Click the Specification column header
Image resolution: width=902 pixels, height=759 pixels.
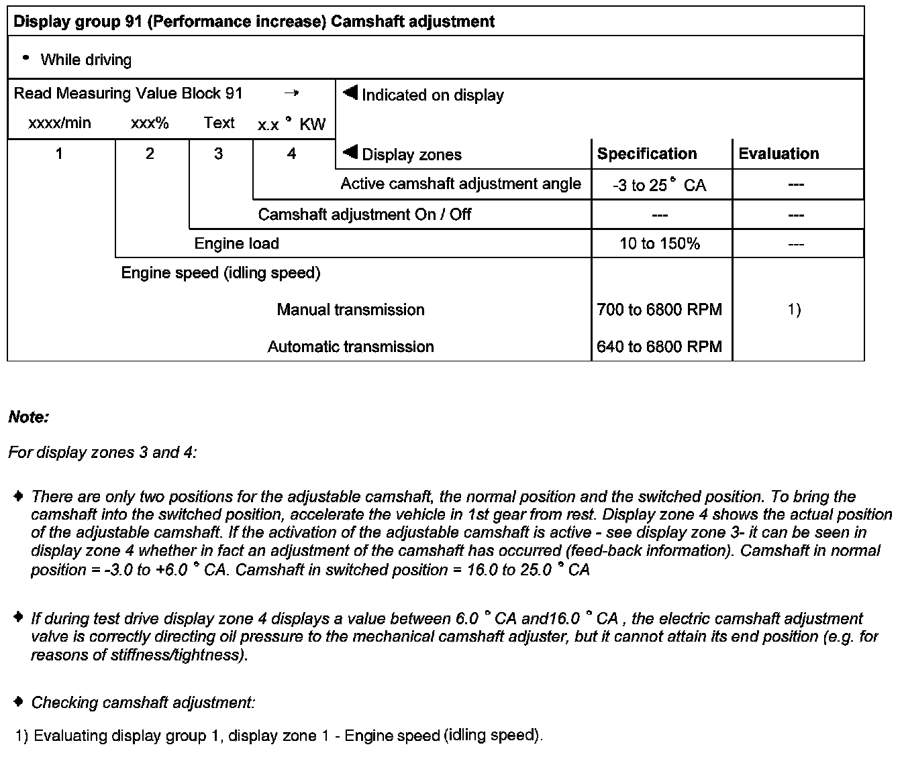[x=647, y=154]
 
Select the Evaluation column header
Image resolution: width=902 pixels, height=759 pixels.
[x=779, y=154]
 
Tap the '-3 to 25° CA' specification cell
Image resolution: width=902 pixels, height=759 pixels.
[x=659, y=185]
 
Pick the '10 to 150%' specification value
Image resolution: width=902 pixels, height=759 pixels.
[x=659, y=243]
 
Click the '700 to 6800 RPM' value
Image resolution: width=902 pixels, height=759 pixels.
[x=659, y=310]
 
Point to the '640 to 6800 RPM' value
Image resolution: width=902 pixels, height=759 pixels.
[x=659, y=347]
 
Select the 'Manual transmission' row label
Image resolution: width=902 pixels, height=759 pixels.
[x=350, y=310]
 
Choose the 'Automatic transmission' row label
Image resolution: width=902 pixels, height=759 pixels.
[x=350, y=347]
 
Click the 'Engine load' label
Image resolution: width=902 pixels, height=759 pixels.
[x=236, y=243]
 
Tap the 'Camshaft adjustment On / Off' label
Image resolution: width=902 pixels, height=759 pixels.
[x=364, y=215]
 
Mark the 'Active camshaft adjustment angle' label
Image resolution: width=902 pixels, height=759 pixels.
[x=460, y=184]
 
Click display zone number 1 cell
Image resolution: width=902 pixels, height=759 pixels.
[x=59, y=154]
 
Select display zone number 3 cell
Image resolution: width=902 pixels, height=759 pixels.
[x=218, y=154]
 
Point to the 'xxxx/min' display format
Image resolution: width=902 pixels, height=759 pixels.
[x=59, y=123]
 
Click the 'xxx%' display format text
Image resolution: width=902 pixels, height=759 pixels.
[x=150, y=123]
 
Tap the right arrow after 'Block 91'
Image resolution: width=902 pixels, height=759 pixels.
[x=291, y=94]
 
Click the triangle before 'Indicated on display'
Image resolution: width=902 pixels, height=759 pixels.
[x=350, y=93]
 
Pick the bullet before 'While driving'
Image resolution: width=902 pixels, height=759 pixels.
[x=26, y=58]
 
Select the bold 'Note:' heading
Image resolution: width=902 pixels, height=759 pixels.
[x=29, y=417]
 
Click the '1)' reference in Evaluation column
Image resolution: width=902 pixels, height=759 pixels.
[x=794, y=310]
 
